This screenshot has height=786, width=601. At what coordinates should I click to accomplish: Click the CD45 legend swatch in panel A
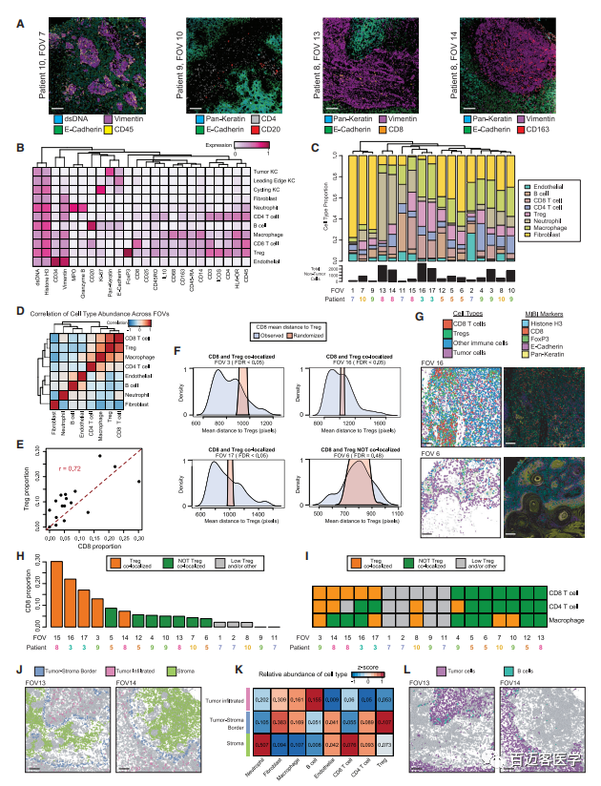(x=109, y=131)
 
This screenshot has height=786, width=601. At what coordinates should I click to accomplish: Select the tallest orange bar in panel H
(x=56, y=593)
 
